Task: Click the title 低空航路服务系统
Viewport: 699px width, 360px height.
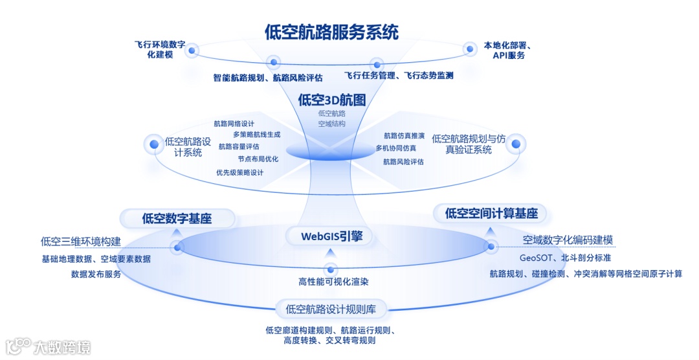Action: pyautogui.click(x=331, y=32)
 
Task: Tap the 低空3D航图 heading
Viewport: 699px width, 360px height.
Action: pyautogui.click(x=331, y=100)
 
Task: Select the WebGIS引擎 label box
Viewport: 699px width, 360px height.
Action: pyautogui.click(x=330, y=236)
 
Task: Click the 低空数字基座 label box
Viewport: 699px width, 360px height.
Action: pyautogui.click(x=177, y=219)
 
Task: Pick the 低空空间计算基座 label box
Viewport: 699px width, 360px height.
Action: pyautogui.click(x=491, y=213)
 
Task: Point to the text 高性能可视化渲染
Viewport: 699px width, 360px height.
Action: pyautogui.click(x=331, y=282)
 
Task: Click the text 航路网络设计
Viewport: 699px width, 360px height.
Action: pyautogui.click(x=234, y=123)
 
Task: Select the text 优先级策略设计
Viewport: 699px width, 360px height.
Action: pyautogui.click(x=239, y=172)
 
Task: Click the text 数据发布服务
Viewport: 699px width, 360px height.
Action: pyautogui.click(x=96, y=274)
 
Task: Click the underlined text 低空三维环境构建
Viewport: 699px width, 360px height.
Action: pyautogui.click(x=81, y=242)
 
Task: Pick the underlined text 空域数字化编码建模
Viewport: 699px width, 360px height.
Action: pyautogui.click(x=568, y=240)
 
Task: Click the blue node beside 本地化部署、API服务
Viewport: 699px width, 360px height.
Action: pyautogui.click(x=469, y=49)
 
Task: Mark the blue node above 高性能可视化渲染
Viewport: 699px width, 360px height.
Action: pyautogui.click(x=331, y=269)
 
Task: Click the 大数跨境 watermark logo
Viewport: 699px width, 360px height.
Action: pyautogui.click(x=48, y=347)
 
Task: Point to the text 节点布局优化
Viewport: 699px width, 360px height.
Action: pyautogui.click(x=258, y=159)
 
